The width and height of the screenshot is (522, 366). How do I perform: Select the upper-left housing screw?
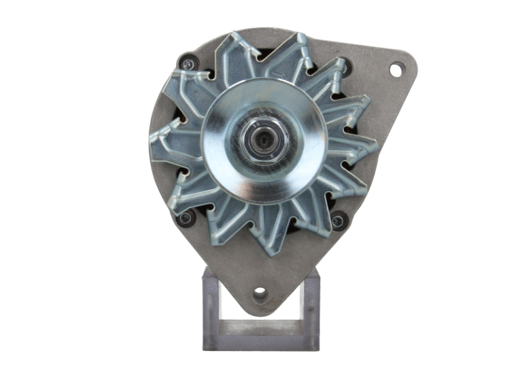point(187,64)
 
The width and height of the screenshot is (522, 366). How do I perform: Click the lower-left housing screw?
point(184,218)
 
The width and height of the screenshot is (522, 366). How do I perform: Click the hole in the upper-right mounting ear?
point(396,69)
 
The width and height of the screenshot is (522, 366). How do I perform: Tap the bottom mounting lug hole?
point(260,294)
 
